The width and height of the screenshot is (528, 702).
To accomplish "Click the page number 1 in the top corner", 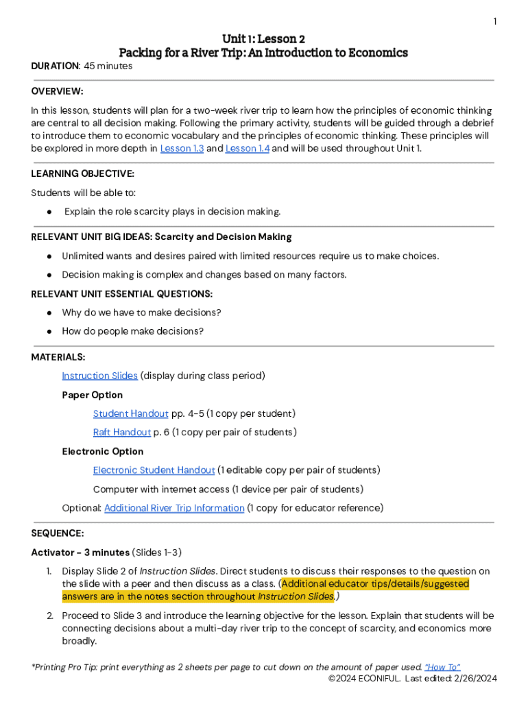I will point(494,22).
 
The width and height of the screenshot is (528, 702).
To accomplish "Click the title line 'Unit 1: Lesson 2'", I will point(264,38).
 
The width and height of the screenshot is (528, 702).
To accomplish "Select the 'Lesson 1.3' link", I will point(182,148).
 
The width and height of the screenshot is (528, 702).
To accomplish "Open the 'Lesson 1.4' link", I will point(247,148).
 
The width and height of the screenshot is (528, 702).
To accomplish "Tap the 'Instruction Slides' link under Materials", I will point(99,376).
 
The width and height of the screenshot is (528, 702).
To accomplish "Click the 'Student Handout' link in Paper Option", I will point(130,413).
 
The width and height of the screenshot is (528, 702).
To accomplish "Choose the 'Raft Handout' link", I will point(122,432).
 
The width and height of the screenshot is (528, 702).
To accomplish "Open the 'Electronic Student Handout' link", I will point(154,470).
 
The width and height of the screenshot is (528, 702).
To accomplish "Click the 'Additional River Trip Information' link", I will point(174,508).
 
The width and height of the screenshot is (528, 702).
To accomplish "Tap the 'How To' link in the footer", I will point(442,667).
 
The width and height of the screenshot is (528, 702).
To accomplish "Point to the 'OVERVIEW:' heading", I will point(58,91).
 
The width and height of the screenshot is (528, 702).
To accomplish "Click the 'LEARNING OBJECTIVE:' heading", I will point(82,173).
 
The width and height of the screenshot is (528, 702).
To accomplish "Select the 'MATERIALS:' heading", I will point(58,357).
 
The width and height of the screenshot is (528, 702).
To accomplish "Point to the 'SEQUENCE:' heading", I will point(58,533).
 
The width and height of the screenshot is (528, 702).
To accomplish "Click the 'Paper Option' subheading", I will point(93,395).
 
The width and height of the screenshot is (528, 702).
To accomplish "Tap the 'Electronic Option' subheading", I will point(103,451).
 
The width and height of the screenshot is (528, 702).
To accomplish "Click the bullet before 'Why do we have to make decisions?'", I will point(50,313).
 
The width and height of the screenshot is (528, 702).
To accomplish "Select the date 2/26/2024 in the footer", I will point(474,679).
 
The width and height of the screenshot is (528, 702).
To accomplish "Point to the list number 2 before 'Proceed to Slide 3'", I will point(49,616).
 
